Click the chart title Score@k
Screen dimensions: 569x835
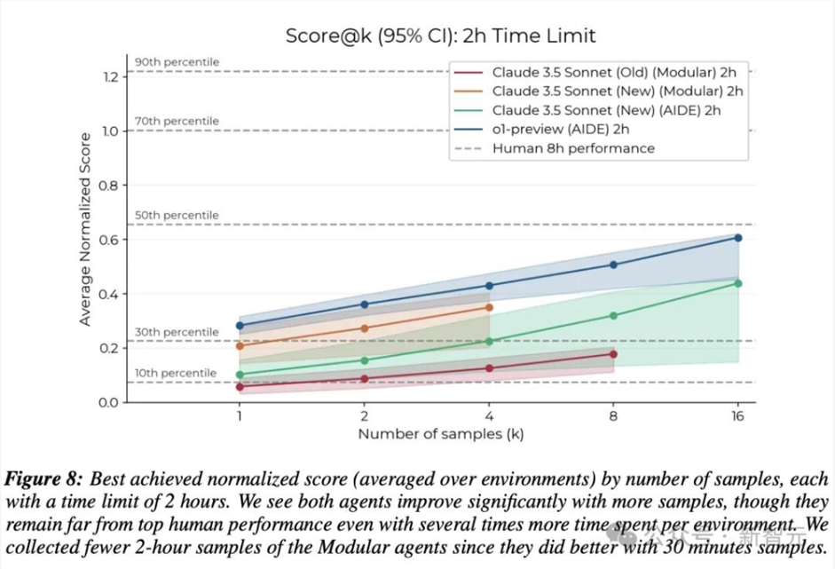click(440, 36)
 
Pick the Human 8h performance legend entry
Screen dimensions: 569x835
click(573, 148)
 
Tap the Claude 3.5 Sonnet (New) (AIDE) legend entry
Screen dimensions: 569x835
click(606, 110)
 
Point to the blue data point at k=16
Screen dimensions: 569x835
click(738, 238)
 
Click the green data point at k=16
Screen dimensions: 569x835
click(738, 283)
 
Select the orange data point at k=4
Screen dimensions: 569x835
click(489, 307)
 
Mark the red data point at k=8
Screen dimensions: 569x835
click(613, 354)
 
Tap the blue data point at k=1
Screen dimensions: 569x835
click(240, 326)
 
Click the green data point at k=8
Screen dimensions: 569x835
click(613, 315)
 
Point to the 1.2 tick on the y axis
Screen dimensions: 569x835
click(110, 77)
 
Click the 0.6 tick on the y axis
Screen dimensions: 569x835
click(110, 240)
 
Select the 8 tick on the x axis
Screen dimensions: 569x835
click(613, 415)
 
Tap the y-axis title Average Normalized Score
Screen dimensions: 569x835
click(85, 229)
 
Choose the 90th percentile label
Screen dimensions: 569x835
click(177, 62)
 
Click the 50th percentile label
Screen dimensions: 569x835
click(177, 216)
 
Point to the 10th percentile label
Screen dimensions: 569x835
click(176, 373)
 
